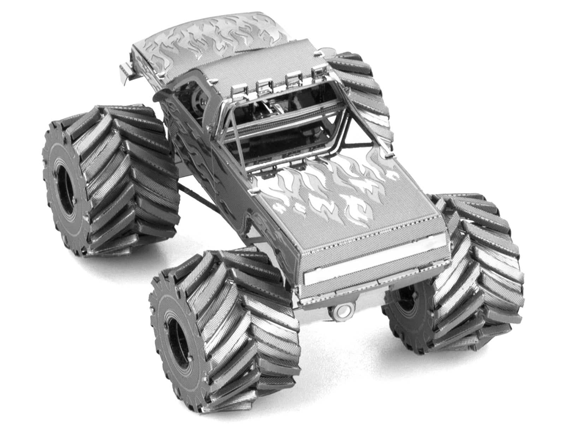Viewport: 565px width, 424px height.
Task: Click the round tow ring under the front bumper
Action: coord(341,311)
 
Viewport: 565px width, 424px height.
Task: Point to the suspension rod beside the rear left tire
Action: coord(196,198)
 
